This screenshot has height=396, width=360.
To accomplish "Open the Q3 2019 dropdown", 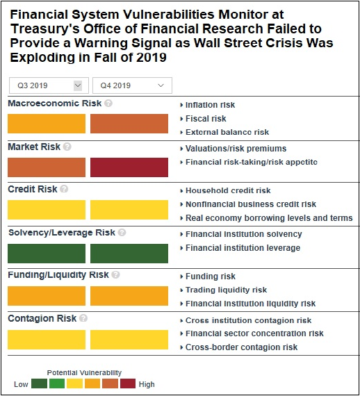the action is (x=49, y=85).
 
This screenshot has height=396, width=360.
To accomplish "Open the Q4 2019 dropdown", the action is (x=132, y=85).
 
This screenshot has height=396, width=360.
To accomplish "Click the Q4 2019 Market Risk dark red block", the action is (x=129, y=167).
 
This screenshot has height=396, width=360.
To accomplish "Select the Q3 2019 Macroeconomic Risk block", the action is (x=47, y=124).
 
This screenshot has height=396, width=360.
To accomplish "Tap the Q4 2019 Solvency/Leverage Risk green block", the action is (x=129, y=254).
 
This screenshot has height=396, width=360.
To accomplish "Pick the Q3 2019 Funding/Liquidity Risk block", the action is (x=47, y=296).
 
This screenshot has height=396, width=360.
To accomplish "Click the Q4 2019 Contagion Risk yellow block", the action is (x=129, y=340).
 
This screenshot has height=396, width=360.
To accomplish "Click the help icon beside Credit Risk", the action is (x=64, y=189).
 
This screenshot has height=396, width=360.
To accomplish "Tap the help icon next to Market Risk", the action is (x=67, y=147).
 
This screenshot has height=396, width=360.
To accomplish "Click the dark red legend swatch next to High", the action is (x=128, y=383).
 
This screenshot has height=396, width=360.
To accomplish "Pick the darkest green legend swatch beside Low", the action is (x=39, y=383).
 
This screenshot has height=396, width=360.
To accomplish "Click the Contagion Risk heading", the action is (x=42, y=318).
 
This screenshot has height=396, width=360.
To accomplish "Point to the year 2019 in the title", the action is (x=152, y=58).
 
